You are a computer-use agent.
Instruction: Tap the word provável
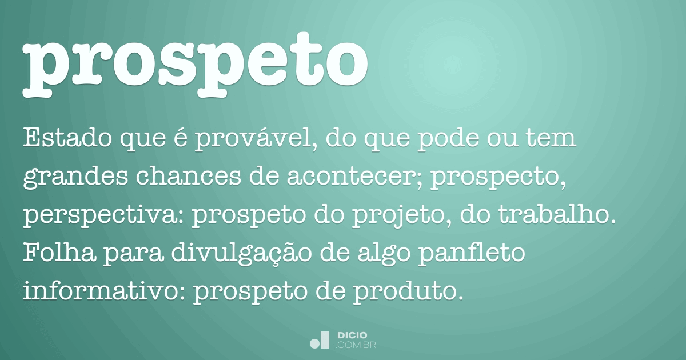click(255, 139)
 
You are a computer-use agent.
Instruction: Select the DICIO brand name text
click(353, 334)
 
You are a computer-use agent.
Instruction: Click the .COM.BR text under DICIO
click(356, 345)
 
